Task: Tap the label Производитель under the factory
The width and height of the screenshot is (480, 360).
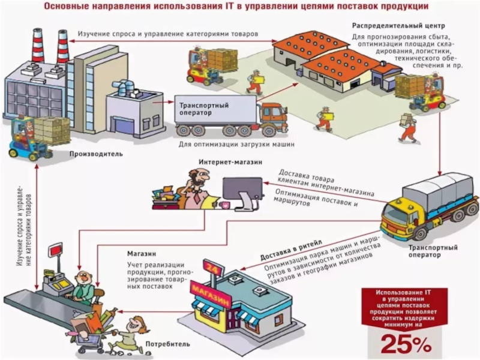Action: point(96,154)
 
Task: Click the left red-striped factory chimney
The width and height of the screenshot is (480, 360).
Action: point(38,45)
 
